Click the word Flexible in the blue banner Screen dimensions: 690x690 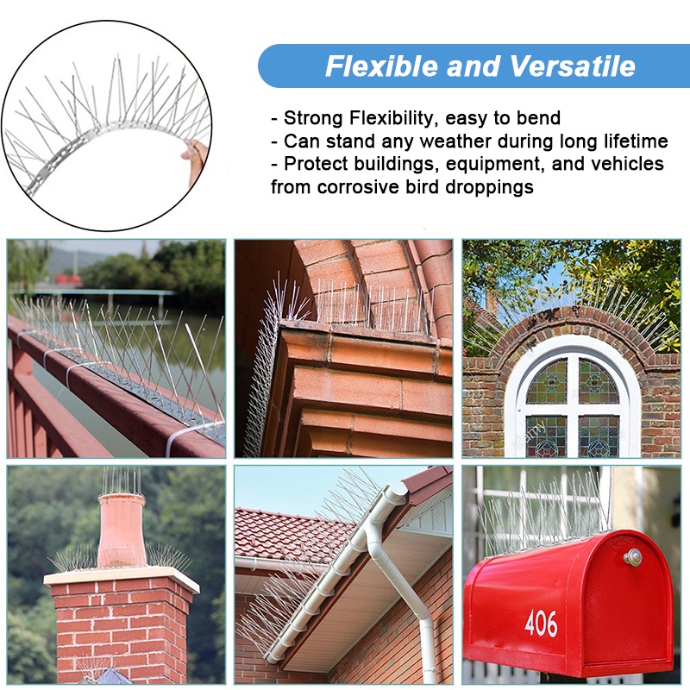tap(381, 66)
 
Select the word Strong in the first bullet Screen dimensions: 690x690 tap(313, 118)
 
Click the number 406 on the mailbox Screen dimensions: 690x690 tap(541, 623)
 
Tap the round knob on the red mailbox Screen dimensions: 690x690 tap(632, 557)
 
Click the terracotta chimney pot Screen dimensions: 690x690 tap(121, 530)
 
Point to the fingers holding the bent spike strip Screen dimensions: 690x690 tap(192, 160)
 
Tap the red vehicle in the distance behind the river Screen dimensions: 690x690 tap(69, 279)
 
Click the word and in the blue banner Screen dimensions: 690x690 tap(473, 66)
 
